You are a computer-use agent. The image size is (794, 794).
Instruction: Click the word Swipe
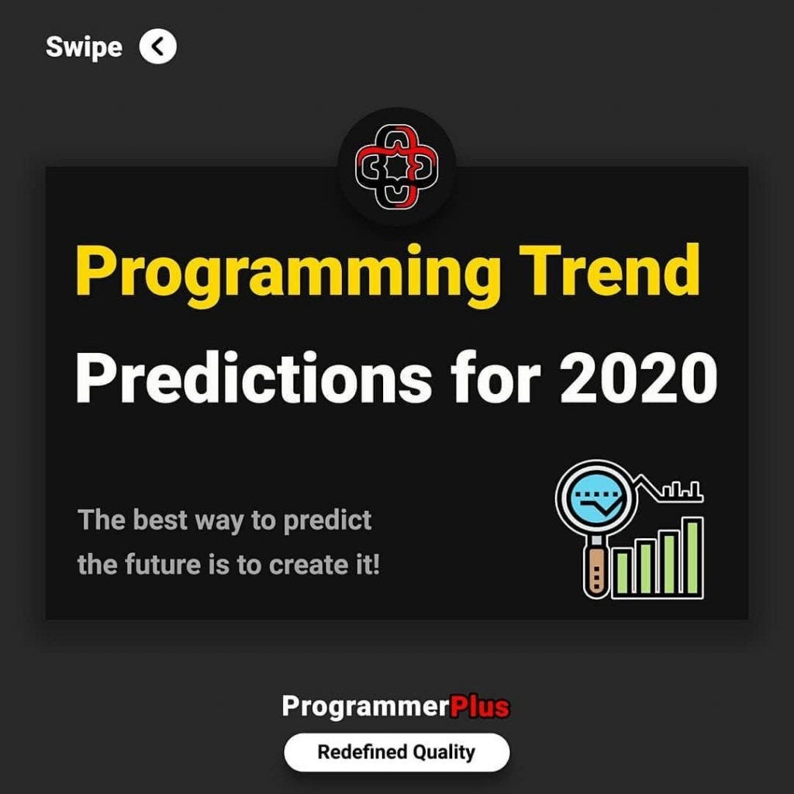[84, 47]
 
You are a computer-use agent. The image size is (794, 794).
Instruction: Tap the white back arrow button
[158, 47]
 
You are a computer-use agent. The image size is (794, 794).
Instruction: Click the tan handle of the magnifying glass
[595, 571]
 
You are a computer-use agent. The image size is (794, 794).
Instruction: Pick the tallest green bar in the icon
[693, 557]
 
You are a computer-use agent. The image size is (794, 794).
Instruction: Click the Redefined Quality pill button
[396, 751]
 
